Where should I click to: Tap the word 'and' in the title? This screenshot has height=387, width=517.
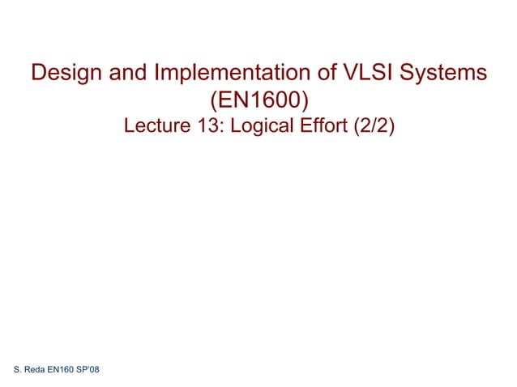coord(126,74)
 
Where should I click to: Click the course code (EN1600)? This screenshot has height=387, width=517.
coord(258,101)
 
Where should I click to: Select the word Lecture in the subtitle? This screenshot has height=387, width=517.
coord(156,127)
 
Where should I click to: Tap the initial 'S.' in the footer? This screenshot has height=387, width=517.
coord(19,371)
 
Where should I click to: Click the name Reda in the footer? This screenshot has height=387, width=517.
coord(36,371)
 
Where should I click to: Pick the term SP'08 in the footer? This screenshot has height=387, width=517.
coord(89,371)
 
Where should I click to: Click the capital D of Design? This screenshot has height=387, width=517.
coord(39,74)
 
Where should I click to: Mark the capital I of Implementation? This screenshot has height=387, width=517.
coord(157,74)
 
